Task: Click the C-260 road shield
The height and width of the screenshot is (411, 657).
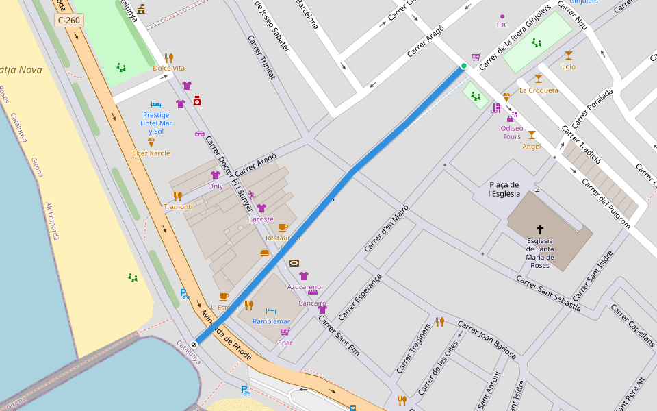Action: click(x=68, y=21)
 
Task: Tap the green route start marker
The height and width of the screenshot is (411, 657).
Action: click(x=464, y=66)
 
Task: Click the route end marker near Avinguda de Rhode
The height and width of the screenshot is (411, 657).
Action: click(x=194, y=344)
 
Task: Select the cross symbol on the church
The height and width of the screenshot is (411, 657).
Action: click(x=540, y=229)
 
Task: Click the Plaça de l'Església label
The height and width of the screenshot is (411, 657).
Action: click(x=504, y=189)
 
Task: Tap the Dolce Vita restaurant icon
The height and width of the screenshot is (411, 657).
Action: click(x=168, y=58)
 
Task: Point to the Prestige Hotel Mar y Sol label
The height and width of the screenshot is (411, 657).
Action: click(x=156, y=123)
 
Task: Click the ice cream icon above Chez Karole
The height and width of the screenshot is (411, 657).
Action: click(x=151, y=142)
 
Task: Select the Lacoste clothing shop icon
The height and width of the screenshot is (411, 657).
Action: click(x=261, y=208)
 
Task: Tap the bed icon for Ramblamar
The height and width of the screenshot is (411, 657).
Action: click(x=271, y=310)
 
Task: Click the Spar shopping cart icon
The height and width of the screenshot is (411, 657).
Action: click(x=285, y=332)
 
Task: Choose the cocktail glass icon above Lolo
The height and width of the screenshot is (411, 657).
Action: click(x=569, y=55)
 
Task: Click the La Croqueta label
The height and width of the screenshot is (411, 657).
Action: click(x=539, y=90)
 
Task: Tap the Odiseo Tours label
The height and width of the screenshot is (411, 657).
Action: click(x=512, y=132)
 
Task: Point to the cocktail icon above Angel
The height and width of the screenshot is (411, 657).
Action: click(x=531, y=135)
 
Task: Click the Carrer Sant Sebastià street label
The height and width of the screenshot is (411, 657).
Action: click(x=548, y=293)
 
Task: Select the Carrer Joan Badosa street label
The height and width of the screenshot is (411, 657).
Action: click(x=487, y=340)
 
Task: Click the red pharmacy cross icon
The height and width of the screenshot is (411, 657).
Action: click(x=197, y=101)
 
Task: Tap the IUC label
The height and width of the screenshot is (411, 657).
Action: click(x=502, y=25)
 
